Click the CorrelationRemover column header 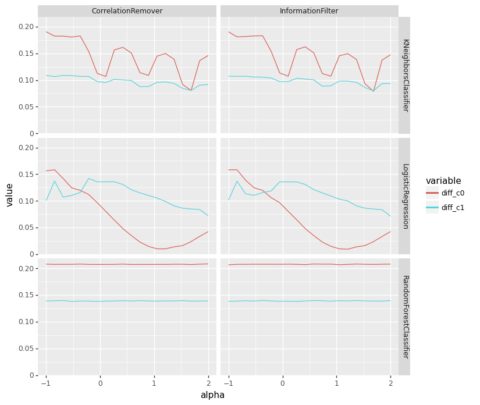pyautogui.click(x=127, y=11)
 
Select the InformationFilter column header pyautogui.click(x=309, y=11)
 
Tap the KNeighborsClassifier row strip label pyautogui.click(x=405, y=75)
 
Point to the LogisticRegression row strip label pyautogui.click(x=405, y=196)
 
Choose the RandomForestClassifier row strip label pyautogui.click(x=405, y=317)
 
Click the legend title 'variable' pyautogui.click(x=443, y=181)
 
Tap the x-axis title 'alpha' pyautogui.click(x=212, y=395)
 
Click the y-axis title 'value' pyautogui.click(x=10, y=195)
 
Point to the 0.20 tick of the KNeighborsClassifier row pyautogui.click(x=26, y=27)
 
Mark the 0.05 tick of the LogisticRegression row pyautogui.click(x=26, y=228)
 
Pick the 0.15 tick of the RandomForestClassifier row pyautogui.click(x=26, y=295)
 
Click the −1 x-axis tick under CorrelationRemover pyautogui.click(x=46, y=383)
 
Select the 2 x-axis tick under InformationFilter pyautogui.click(x=390, y=383)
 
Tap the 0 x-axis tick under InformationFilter pyautogui.click(x=283, y=383)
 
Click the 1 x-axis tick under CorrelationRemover pyautogui.click(x=154, y=383)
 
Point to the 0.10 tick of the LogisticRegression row pyautogui.click(x=26, y=201)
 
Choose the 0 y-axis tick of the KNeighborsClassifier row pyautogui.click(x=31, y=134)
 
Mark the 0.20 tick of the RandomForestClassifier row pyautogui.click(x=26, y=268)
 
